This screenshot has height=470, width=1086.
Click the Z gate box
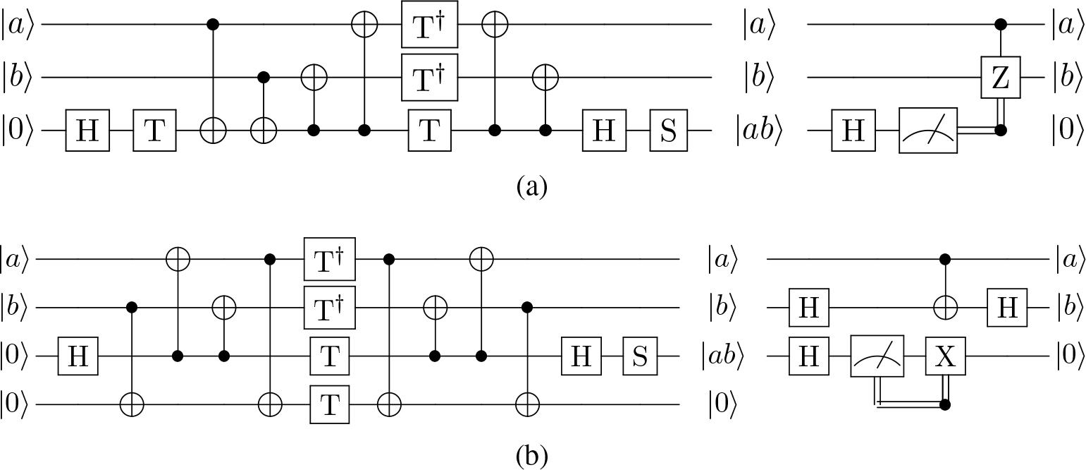pyautogui.click(x=1000, y=78)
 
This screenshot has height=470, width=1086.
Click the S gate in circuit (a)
pyautogui.click(x=668, y=131)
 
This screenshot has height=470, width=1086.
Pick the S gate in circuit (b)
pyautogui.click(x=638, y=356)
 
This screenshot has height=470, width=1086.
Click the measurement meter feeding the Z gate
pyautogui.click(x=928, y=131)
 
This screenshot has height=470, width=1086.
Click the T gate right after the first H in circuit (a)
pyautogui.click(x=154, y=131)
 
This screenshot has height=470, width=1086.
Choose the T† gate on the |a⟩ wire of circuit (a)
pyautogui.click(x=430, y=25)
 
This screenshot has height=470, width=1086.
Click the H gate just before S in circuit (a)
pyautogui.click(x=603, y=131)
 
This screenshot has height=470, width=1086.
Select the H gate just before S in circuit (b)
pyautogui.click(x=581, y=356)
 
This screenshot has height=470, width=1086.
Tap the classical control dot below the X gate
pyautogui.click(x=944, y=405)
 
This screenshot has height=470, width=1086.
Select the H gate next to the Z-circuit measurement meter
pyautogui.click(x=853, y=131)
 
